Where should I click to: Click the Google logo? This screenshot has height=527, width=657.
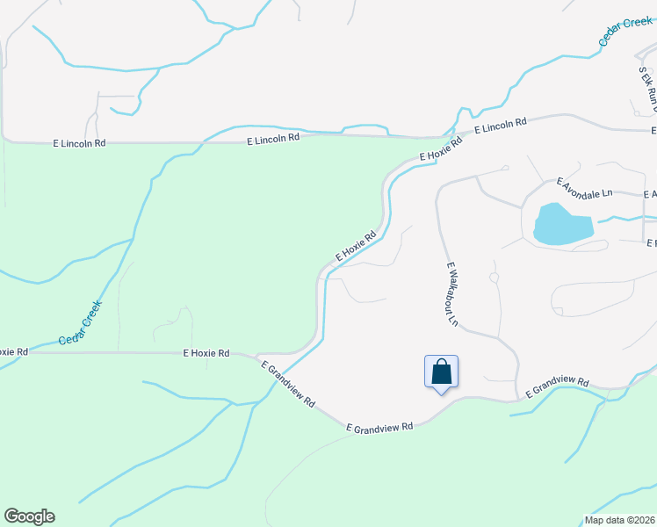[x=29, y=516]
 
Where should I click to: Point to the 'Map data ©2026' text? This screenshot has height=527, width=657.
[x=619, y=520]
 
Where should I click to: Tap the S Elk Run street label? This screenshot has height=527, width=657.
[x=648, y=89]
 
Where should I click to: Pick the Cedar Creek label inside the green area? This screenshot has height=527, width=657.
[x=81, y=323]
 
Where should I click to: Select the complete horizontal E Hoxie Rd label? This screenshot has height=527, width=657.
[x=206, y=353]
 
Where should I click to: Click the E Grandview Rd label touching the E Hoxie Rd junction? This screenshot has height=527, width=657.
[x=287, y=382]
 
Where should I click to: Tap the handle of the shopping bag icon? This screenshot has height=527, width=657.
[x=441, y=364]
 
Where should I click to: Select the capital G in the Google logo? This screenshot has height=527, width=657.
[x=11, y=516]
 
